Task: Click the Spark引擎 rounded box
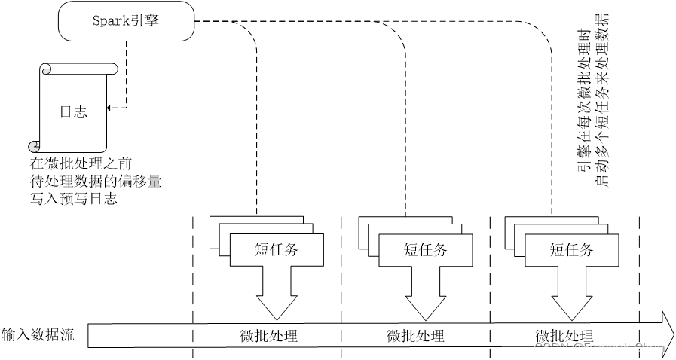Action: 126,21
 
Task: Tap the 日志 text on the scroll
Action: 73,112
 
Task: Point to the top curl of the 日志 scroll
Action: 47,70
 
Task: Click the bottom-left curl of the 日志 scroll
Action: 34,146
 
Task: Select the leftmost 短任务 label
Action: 277,250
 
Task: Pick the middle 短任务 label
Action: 426,250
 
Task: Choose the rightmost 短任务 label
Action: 572,250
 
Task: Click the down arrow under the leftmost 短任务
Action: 277,292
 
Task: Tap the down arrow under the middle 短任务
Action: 426,292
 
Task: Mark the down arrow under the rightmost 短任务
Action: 572,292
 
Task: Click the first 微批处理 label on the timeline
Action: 269,336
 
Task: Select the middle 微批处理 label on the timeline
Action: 416,336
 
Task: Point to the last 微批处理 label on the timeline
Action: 564,336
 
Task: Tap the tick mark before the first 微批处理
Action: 193,335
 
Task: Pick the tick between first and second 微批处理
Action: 341,335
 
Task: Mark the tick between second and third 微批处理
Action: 490,335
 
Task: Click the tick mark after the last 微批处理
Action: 639,335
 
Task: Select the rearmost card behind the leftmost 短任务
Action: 256,221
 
